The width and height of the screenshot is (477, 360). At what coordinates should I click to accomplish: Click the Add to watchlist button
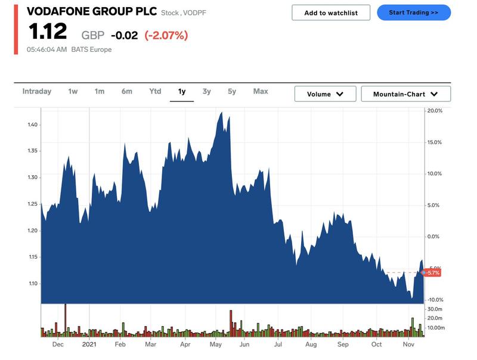click(331, 13)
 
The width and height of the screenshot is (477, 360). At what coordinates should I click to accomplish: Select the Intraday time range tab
click(37, 91)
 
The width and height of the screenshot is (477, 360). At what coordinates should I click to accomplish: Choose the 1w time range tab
click(73, 91)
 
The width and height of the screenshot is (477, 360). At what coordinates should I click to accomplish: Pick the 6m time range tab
click(126, 91)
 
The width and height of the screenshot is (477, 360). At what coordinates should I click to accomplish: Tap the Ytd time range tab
click(155, 91)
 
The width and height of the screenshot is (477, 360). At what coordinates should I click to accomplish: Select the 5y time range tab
click(232, 91)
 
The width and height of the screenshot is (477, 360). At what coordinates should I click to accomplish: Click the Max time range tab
click(261, 91)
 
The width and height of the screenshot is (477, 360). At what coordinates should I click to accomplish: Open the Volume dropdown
click(325, 94)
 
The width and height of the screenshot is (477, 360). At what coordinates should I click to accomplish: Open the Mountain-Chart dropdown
click(405, 94)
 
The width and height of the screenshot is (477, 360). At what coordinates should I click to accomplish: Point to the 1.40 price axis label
click(32, 125)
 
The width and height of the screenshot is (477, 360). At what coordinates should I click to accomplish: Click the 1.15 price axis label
click(32, 257)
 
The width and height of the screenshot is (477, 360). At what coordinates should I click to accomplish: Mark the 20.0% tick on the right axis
click(434, 111)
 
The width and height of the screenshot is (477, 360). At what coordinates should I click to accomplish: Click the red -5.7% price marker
click(432, 272)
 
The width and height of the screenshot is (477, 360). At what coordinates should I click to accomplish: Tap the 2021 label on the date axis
click(89, 345)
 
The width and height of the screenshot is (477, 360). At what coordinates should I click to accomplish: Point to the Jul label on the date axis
click(278, 345)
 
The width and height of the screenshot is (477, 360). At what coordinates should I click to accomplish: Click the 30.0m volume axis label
click(435, 309)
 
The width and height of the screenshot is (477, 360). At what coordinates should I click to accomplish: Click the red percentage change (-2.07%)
click(166, 35)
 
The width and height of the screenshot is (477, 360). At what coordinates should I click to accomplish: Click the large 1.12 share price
click(47, 32)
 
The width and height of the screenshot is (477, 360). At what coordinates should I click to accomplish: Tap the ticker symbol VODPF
click(195, 13)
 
